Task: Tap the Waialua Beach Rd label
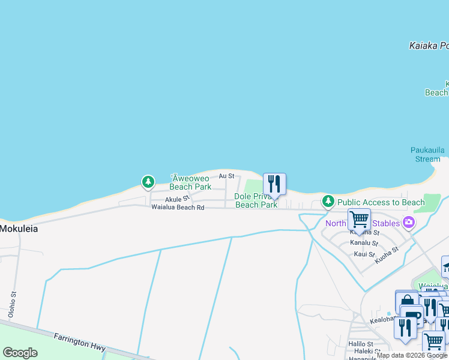(x=178, y=208)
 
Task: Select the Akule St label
(x=177, y=198)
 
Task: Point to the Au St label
(x=226, y=176)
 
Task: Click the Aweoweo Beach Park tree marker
(x=148, y=181)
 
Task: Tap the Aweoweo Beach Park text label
(x=190, y=182)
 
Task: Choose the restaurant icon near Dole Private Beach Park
(x=274, y=184)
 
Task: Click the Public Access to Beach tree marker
(x=328, y=200)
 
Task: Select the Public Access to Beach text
(x=381, y=202)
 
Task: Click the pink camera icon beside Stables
(x=409, y=223)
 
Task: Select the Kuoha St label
(x=387, y=255)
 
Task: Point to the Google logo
(x=20, y=353)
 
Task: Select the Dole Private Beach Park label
(x=256, y=200)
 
